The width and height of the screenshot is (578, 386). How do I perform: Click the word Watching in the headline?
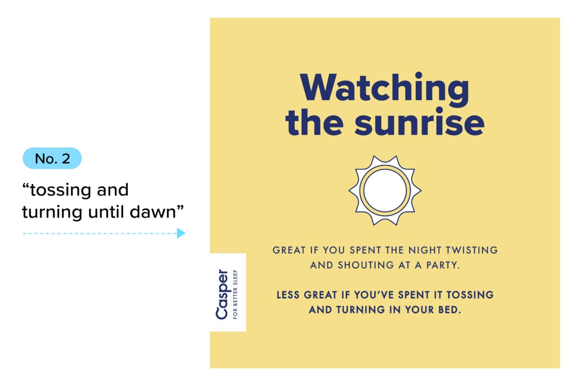384,89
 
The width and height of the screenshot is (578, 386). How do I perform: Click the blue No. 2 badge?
52,158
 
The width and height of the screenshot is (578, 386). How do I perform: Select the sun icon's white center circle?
384,190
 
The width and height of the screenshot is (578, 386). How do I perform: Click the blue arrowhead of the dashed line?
181,234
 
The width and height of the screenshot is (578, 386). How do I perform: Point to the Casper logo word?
222,294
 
